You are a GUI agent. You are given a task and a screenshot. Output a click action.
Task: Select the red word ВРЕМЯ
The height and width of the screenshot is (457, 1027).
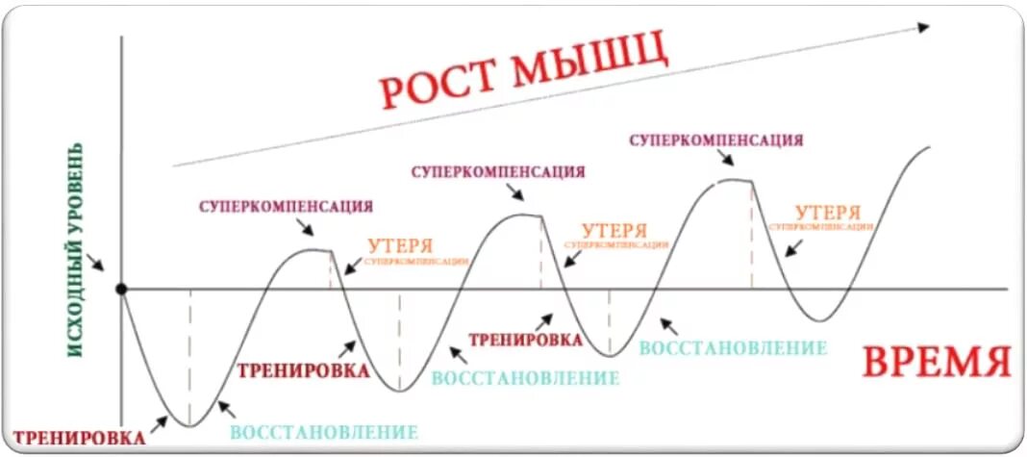click(x=936, y=363)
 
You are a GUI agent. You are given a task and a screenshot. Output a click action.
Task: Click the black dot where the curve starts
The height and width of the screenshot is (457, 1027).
click(x=121, y=289)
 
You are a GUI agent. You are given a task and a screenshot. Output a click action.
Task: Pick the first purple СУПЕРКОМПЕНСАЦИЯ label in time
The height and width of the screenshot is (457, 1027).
click(x=286, y=206)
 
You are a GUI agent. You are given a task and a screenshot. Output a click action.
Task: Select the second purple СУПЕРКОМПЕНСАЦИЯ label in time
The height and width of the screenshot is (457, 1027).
click(x=498, y=172)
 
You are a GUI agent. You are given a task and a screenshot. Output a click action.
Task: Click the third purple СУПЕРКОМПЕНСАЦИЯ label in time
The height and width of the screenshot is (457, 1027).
click(x=716, y=140)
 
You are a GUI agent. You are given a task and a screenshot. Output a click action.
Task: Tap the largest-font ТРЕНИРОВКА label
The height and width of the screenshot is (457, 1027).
click(x=303, y=370)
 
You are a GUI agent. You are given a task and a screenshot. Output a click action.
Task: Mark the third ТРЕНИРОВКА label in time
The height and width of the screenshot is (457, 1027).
click(x=524, y=339)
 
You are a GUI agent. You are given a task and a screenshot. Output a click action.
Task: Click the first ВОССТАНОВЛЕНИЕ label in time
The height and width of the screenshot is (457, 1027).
click(x=324, y=432)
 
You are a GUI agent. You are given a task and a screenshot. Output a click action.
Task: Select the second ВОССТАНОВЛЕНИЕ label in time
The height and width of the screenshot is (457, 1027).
click(x=525, y=378)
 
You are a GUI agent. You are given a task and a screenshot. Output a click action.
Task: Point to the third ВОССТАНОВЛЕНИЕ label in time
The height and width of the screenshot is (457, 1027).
click(x=733, y=347)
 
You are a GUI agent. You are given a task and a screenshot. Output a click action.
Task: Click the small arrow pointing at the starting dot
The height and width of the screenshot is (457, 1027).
click(x=96, y=263)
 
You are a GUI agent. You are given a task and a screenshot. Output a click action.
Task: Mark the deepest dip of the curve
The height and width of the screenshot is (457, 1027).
click(x=189, y=424)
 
